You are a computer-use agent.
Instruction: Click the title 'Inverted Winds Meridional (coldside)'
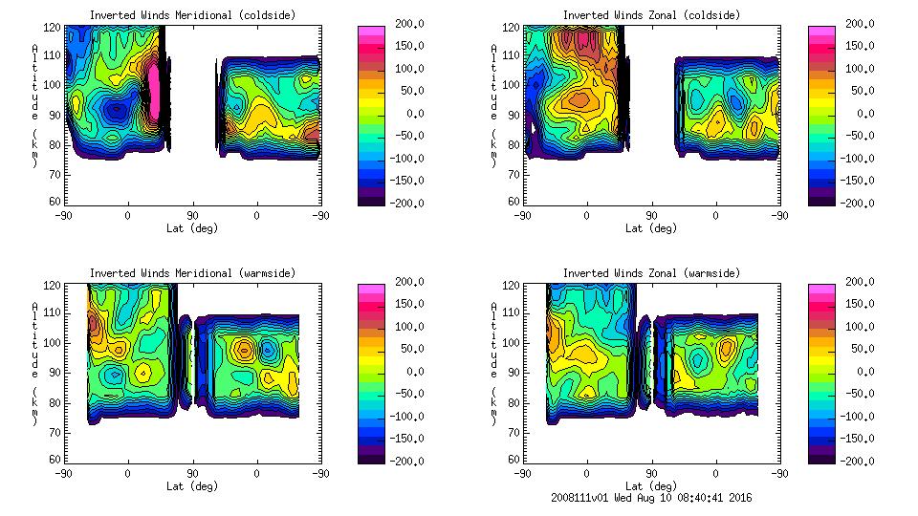coord(192,15)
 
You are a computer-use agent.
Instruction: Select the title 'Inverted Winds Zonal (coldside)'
coord(651,15)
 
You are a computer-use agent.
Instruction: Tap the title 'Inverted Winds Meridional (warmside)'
coord(192,273)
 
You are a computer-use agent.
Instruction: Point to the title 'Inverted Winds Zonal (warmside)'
coord(651,273)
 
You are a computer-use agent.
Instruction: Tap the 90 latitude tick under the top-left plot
coord(192,215)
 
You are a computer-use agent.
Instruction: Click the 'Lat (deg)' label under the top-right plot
coord(651,228)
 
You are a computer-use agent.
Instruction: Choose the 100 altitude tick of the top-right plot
coord(514,85)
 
